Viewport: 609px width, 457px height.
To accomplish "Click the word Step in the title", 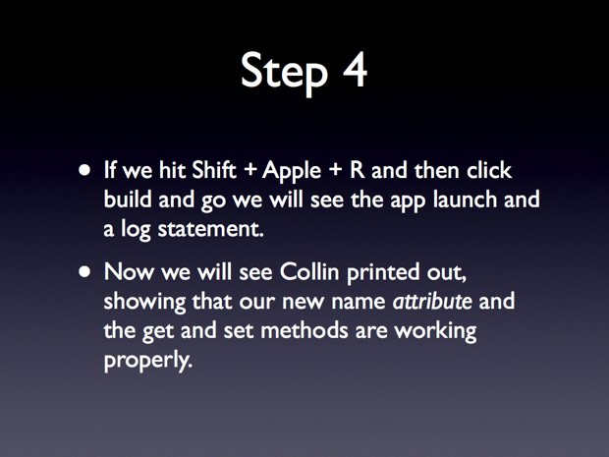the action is (x=284, y=73).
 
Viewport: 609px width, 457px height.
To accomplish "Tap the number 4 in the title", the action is (x=355, y=70).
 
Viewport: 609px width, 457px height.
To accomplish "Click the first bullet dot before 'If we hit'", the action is (x=84, y=170).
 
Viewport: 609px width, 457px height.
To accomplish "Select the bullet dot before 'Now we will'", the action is (x=84, y=271).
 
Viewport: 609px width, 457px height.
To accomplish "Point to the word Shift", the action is (x=214, y=170).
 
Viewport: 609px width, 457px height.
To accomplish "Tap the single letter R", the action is (x=358, y=170).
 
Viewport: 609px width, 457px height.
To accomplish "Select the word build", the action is (x=128, y=199).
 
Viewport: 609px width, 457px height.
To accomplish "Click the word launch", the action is (x=465, y=199).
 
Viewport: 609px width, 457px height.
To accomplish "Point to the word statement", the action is (x=210, y=229).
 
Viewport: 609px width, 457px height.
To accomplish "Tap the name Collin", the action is (x=309, y=271).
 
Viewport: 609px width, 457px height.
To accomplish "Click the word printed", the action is (x=383, y=274).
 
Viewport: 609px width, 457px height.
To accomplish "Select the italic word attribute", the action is (x=432, y=301).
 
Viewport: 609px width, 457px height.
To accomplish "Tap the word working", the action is (x=435, y=332).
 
